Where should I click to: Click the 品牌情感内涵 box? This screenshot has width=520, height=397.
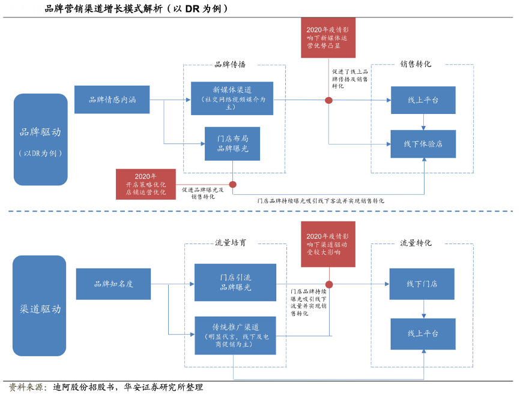(x=112, y=100)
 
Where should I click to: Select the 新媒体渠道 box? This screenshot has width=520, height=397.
(x=232, y=98)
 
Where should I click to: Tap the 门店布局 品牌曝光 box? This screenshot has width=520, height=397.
(x=232, y=143)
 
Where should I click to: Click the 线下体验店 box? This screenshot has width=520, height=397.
(x=423, y=144)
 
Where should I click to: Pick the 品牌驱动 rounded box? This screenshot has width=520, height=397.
(x=40, y=139)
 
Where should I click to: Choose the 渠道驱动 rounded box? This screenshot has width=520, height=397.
(x=40, y=309)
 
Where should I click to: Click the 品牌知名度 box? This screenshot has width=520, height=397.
(x=113, y=284)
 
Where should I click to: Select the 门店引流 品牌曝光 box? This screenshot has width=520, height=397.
(x=235, y=282)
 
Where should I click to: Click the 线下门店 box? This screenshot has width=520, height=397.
(x=422, y=284)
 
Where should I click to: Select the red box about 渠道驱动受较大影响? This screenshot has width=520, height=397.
(x=327, y=244)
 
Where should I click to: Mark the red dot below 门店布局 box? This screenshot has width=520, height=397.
(x=233, y=185)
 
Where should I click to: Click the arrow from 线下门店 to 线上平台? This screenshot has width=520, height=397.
(x=423, y=309)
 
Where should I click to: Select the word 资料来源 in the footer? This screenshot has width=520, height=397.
(x=25, y=388)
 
